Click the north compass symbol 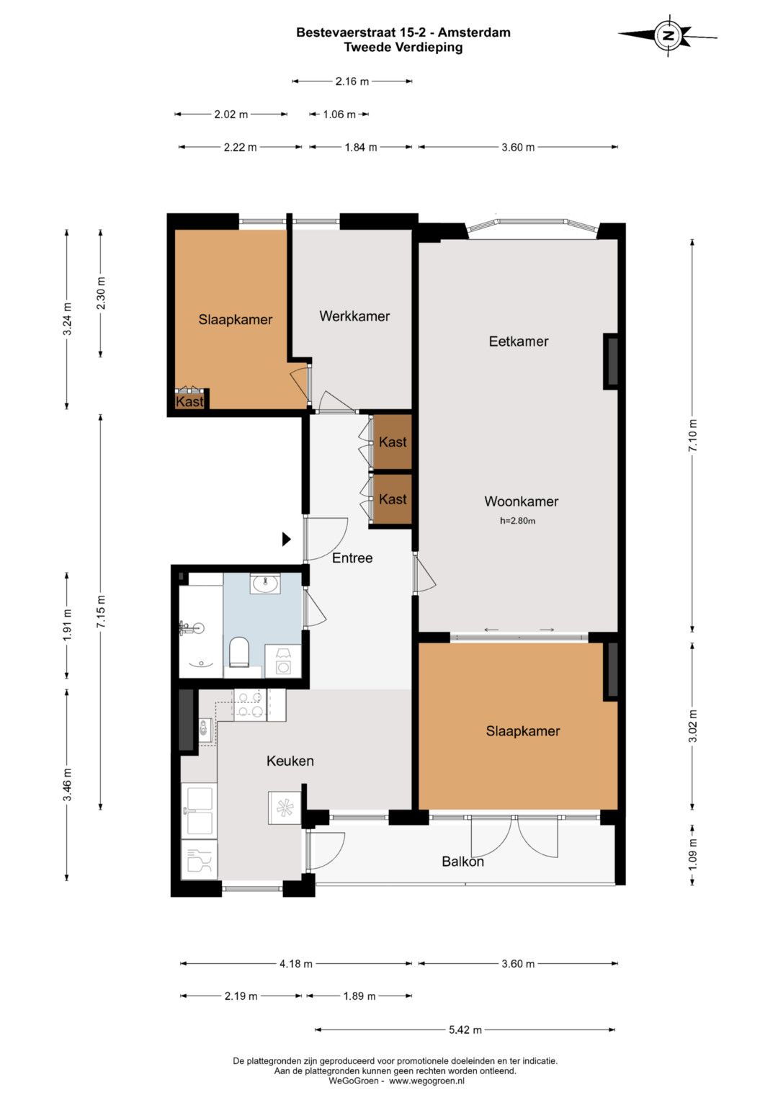tap(668, 35)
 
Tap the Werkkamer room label tap(354, 316)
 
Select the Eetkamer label tap(518, 341)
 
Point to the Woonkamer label tap(521, 501)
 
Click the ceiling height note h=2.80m tap(518, 521)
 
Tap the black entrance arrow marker tap(287, 540)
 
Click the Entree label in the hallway tap(352, 558)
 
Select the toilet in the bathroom tap(239, 652)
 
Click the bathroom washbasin tap(265, 584)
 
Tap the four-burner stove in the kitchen tap(250, 705)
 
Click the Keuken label tap(290, 761)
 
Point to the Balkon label tap(462, 862)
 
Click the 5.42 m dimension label tap(465, 1029)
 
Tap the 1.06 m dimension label tap(339, 115)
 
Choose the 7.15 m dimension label tap(100, 612)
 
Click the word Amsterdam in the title tap(474, 32)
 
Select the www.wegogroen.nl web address tap(426, 1081)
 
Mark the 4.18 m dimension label tap(295, 963)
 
